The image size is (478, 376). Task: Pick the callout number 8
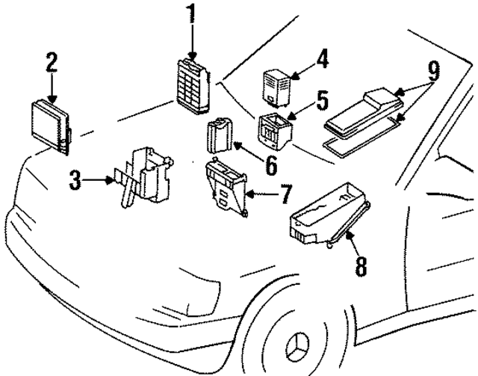tap(360, 265)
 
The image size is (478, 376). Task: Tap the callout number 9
tap(433, 73)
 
